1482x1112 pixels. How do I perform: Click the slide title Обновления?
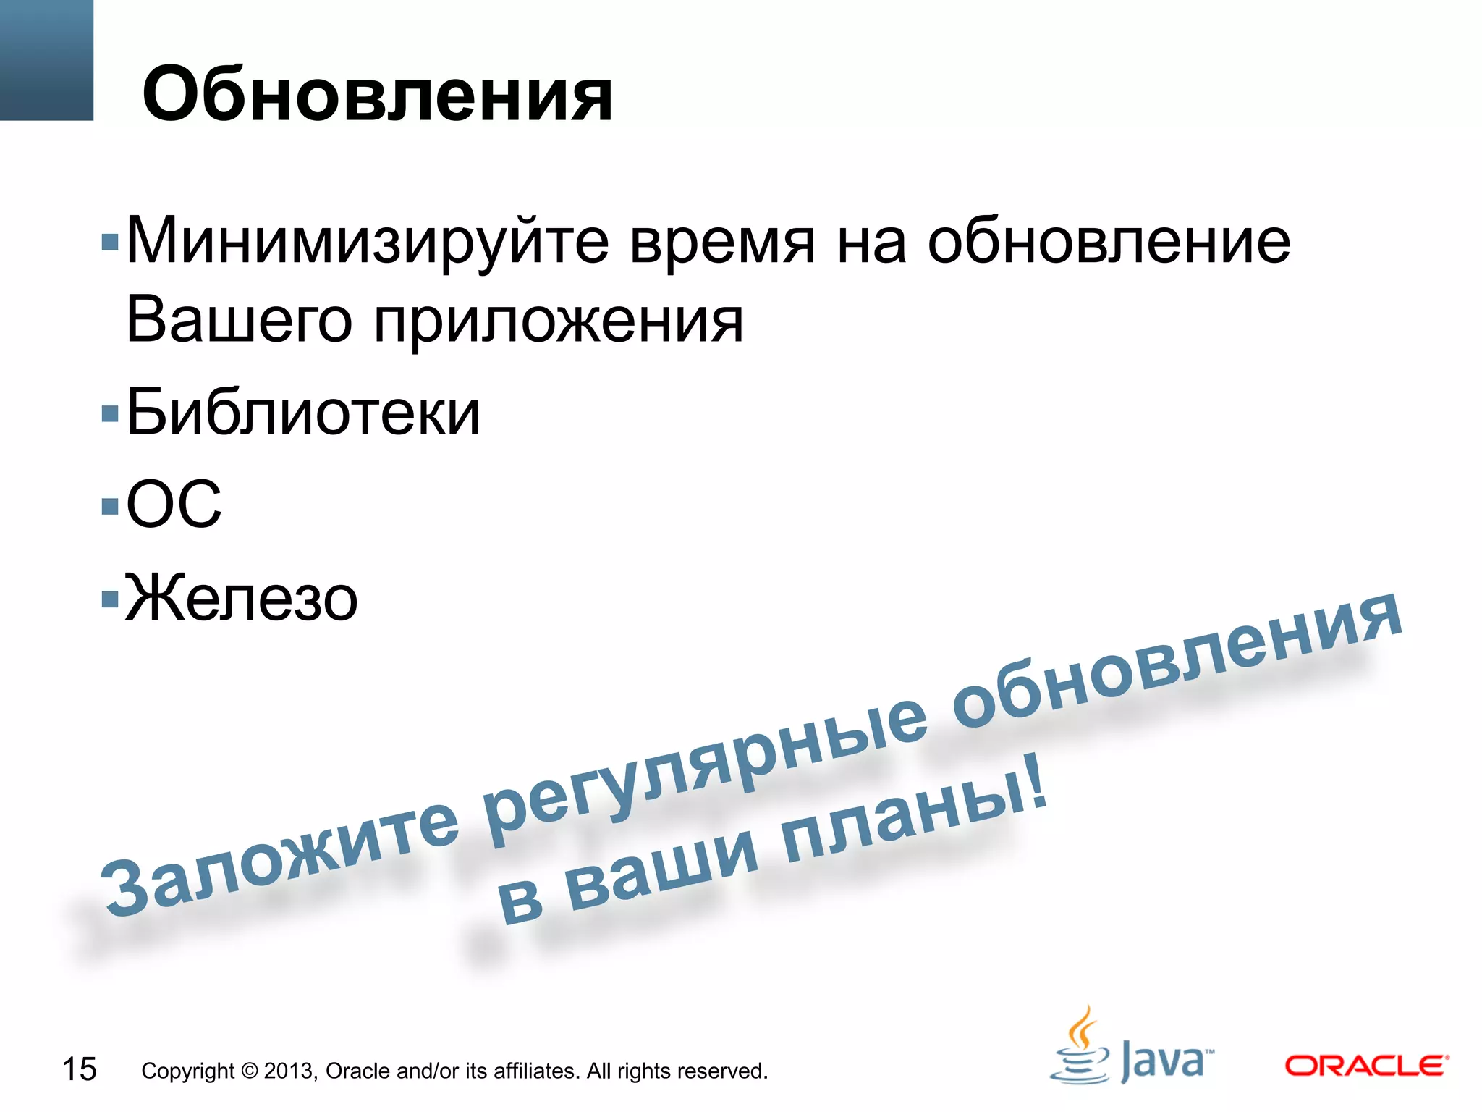[x=377, y=94]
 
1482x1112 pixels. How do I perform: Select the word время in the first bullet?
[x=722, y=243]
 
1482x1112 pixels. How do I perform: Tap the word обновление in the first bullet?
[x=1109, y=241]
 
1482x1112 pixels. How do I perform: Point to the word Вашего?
[x=239, y=320]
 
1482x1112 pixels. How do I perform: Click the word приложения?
[x=558, y=322]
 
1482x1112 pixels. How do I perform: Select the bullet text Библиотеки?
[x=302, y=413]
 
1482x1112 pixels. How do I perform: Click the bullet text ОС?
[x=174, y=504]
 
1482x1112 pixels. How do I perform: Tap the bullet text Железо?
[x=241, y=599]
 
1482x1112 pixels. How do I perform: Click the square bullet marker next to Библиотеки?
[x=110, y=414]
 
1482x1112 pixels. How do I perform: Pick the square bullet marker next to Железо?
[x=110, y=599]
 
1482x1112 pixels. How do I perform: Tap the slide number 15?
[x=79, y=1069]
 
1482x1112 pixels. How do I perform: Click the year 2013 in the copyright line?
[x=289, y=1071]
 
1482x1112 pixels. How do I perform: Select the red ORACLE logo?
[x=1366, y=1066]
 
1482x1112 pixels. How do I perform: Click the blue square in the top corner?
[x=46, y=59]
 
